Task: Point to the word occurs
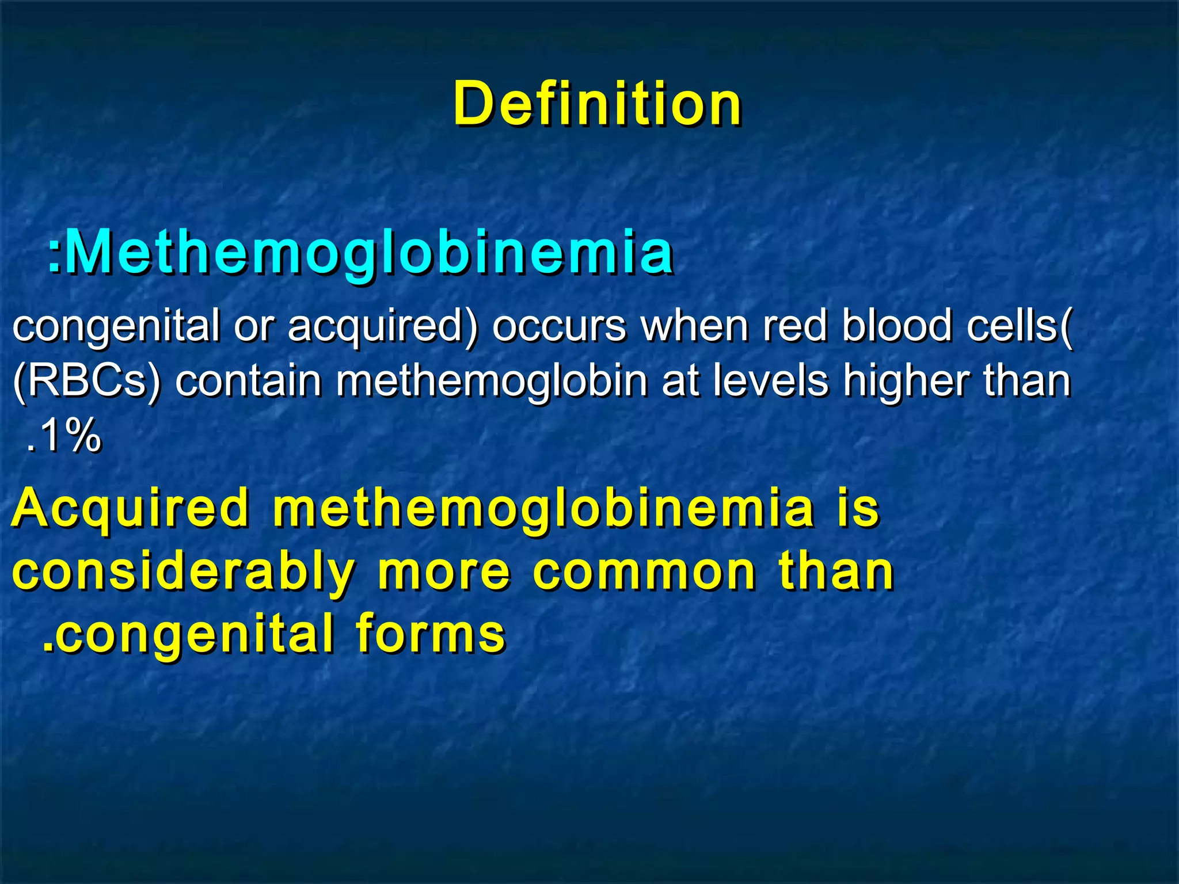click(558, 326)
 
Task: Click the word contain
click(248, 381)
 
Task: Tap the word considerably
click(183, 573)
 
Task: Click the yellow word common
click(644, 572)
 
